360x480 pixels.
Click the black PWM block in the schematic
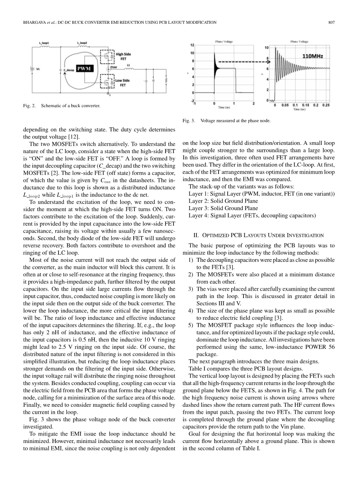(x=84, y=69)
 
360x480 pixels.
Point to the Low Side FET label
(x=122, y=83)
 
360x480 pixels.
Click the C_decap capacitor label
(x=69, y=71)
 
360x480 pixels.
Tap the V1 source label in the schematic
(x=38, y=71)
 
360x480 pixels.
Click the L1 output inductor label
(x=128, y=65)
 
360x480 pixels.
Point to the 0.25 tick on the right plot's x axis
(x=326, y=105)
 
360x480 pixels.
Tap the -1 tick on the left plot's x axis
(x=194, y=103)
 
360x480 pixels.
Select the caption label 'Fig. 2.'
(x=30, y=106)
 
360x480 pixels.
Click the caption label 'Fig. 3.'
(x=189, y=121)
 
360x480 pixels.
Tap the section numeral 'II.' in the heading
(x=196, y=235)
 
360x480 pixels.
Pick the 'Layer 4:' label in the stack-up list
(x=198, y=215)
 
